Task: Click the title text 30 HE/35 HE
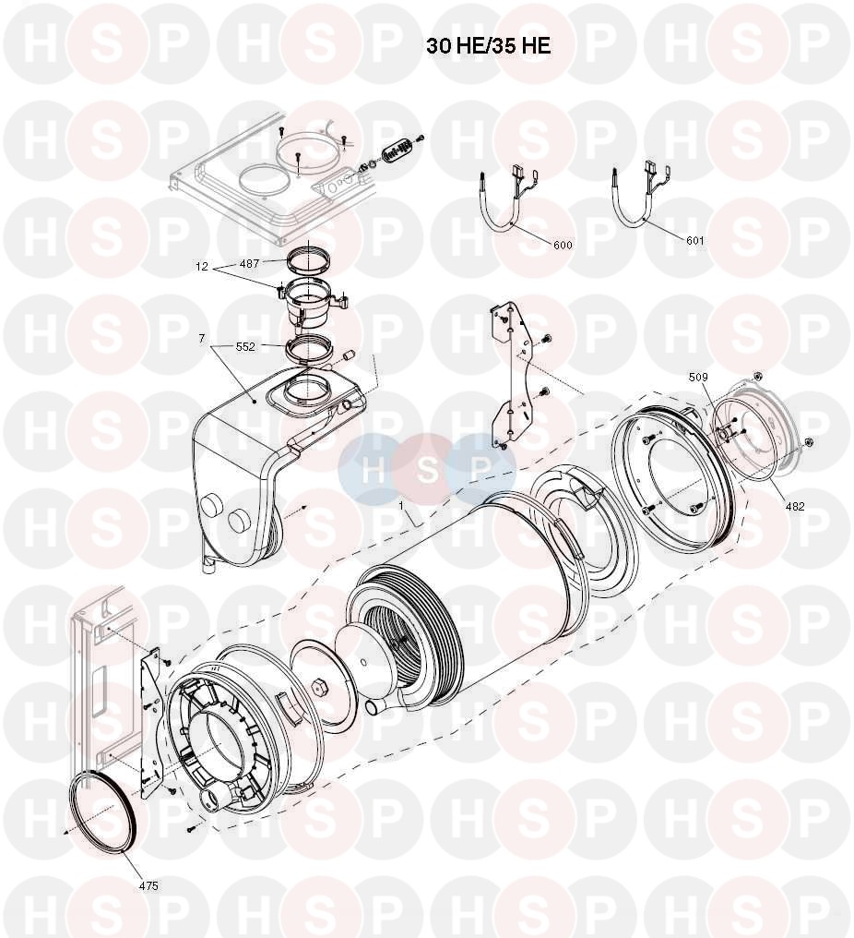coord(488,46)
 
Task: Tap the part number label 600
coord(563,245)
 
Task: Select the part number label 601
coord(695,240)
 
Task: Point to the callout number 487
coord(249,263)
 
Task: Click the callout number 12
coord(202,266)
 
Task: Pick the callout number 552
coord(245,346)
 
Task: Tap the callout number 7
coord(202,339)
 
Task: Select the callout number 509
coord(698,377)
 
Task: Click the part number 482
coord(795,506)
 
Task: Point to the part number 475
coord(148,885)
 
